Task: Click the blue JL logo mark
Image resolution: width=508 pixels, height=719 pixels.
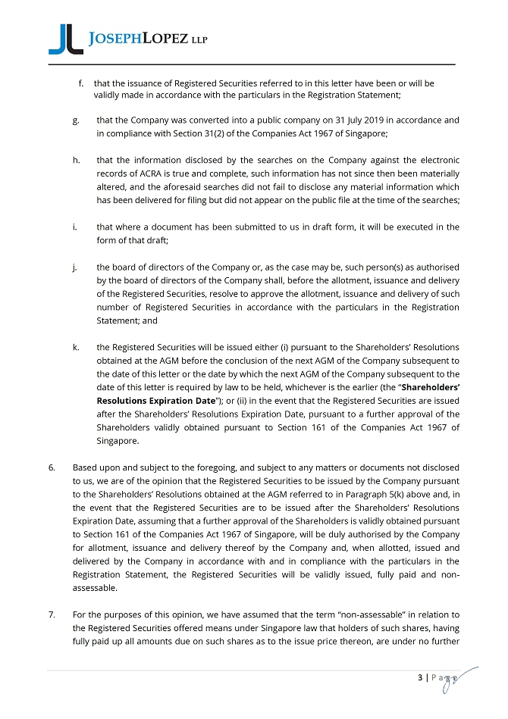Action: [65, 39]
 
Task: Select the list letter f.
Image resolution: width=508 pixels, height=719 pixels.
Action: [80, 82]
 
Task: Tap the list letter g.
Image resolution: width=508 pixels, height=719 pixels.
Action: [77, 120]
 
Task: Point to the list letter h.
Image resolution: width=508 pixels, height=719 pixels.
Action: [77, 161]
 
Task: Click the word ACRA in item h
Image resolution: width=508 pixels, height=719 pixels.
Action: [143, 173]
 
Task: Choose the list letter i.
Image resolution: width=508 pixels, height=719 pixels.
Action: [76, 227]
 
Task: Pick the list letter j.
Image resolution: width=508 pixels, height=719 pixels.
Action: [76, 267]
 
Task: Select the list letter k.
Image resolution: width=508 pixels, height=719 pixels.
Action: [77, 347]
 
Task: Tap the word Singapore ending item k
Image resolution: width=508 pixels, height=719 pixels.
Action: [117, 441]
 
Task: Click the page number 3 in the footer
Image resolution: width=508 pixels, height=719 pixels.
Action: [420, 679]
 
